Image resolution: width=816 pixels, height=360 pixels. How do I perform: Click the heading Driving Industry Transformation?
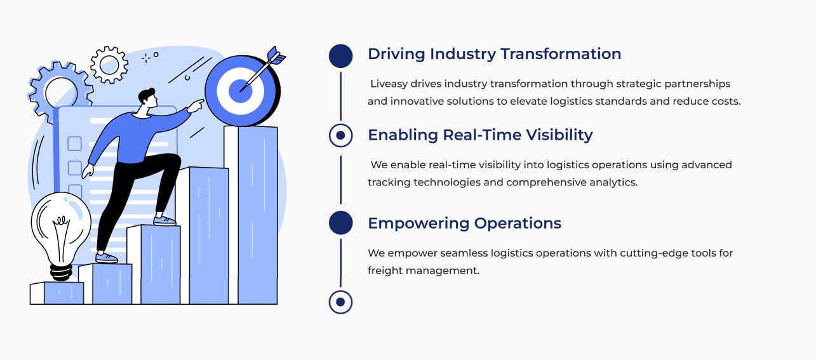[494, 55]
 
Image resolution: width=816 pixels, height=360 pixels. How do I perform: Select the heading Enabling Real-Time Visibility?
[480, 135]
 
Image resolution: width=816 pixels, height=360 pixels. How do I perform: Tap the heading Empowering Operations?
[464, 223]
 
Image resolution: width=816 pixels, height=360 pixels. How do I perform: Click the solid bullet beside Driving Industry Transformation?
[340, 56]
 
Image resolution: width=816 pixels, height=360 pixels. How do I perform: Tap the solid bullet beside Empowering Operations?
[340, 223]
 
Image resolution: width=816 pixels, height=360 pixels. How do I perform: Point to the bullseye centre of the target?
[240, 90]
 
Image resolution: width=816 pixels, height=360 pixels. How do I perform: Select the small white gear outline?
[109, 65]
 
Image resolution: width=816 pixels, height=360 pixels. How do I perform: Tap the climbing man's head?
[148, 98]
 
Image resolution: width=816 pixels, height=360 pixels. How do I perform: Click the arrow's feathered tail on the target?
[276, 56]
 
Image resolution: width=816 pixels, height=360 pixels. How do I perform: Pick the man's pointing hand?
[196, 105]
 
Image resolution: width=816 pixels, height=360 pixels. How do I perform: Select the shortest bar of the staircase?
[57, 293]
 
